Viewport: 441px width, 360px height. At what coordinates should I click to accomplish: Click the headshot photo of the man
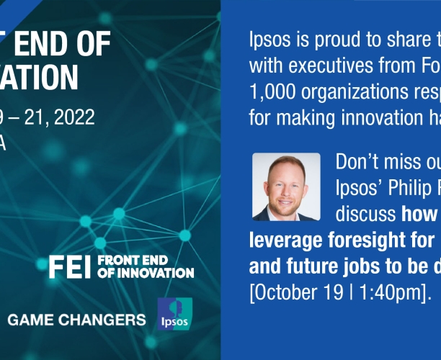click(286, 187)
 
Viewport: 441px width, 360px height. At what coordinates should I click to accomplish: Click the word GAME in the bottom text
click(31, 320)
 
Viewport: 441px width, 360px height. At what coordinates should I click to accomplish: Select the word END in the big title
click(40, 45)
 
